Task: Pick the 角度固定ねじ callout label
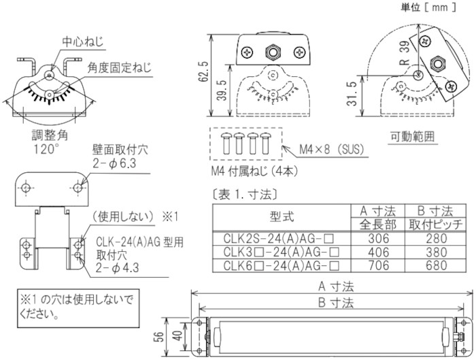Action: (x=119, y=68)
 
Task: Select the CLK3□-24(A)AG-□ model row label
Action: (x=280, y=251)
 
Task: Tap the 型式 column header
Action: (x=280, y=217)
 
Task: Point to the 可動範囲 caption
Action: (x=414, y=135)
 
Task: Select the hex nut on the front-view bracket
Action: (x=273, y=51)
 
